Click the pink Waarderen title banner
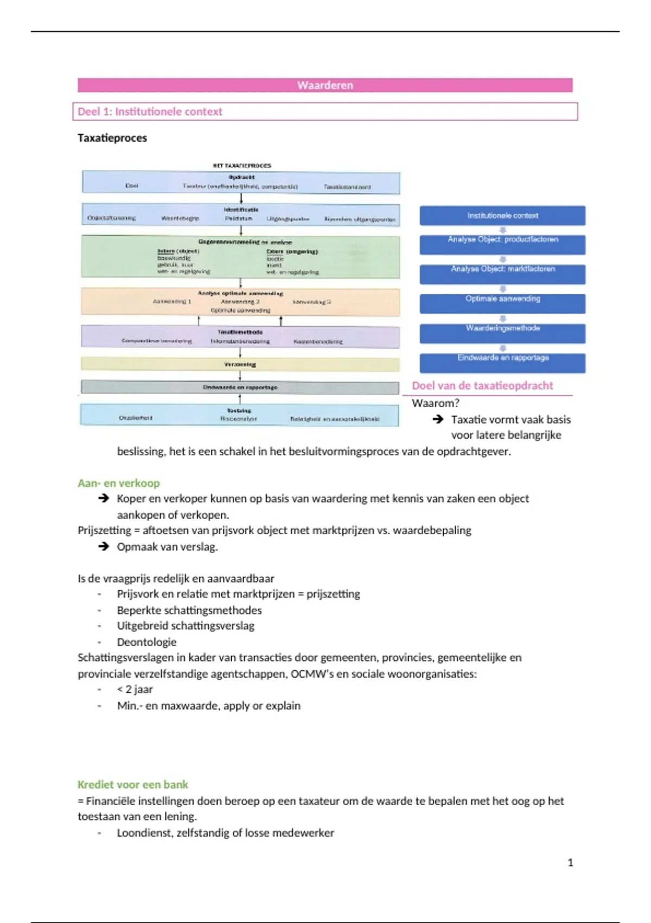[325, 85]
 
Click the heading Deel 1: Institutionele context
[150, 112]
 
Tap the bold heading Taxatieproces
[112, 138]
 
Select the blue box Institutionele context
[502, 216]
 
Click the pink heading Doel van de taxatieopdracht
[482, 386]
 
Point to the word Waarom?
[435, 403]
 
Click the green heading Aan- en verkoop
[119, 483]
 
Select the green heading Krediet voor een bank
[133, 785]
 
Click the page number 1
[570, 863]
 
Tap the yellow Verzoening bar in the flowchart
[240, 364]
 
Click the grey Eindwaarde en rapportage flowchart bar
[240, 387]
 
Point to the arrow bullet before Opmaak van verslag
[104, 546]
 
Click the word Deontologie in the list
[146, 642]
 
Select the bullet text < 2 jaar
[135, 690]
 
